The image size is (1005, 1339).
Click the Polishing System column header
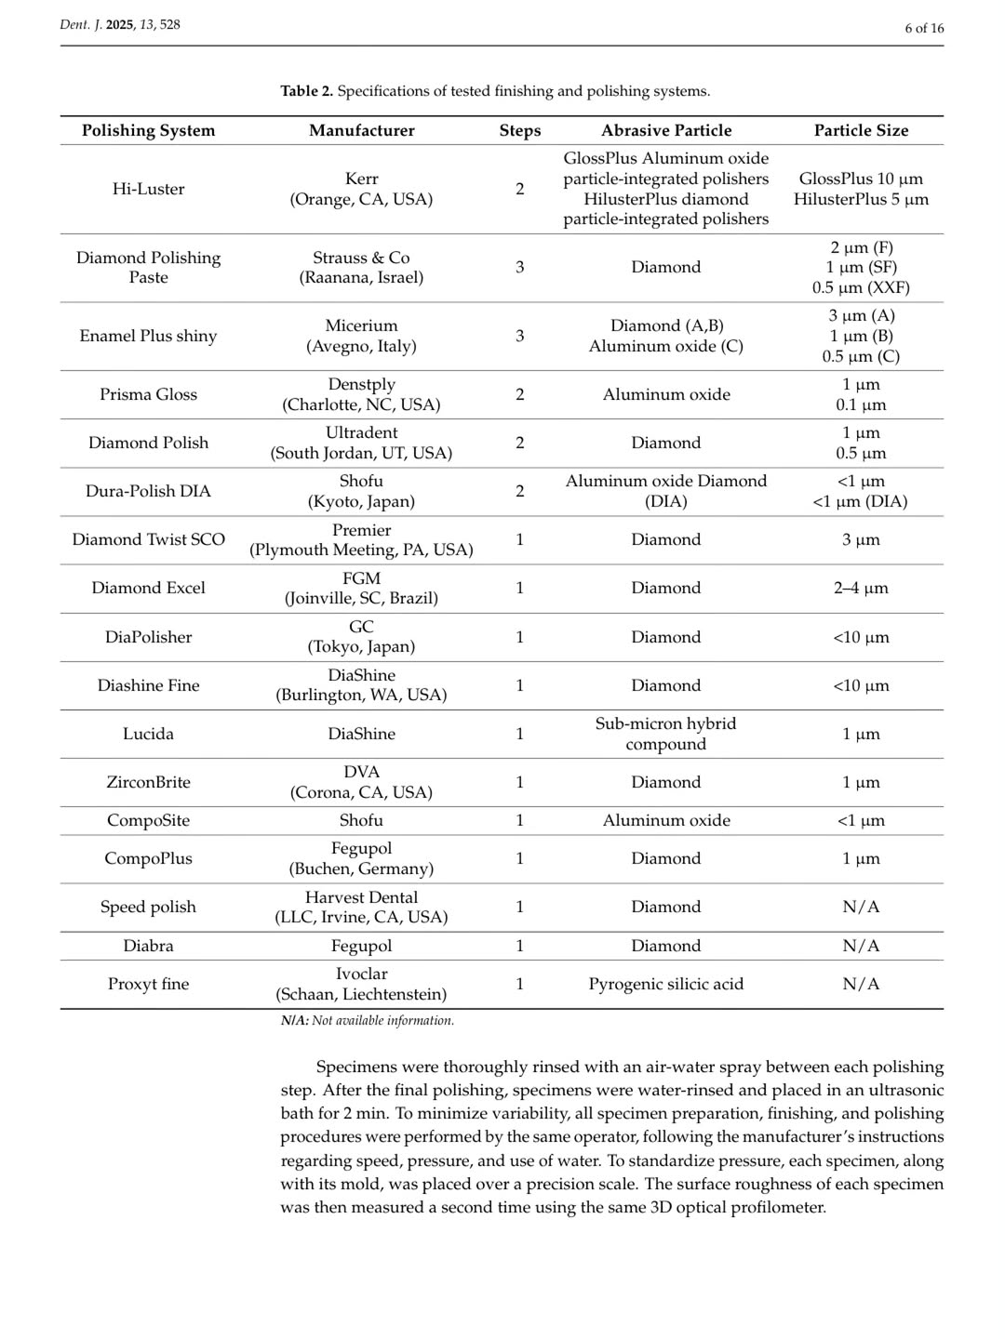[148, 130]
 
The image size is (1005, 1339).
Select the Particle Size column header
[861, 130]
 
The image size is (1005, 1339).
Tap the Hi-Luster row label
[148, 189]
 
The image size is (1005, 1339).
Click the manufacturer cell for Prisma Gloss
[361, 394]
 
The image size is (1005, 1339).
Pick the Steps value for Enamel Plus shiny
[519, 336]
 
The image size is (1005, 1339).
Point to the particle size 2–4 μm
[861, 588]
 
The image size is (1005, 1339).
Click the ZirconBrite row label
[148, 782]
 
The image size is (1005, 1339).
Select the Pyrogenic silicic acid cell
[665, 984]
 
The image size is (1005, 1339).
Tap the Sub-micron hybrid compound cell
[665, 734]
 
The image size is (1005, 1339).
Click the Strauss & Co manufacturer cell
[361, 267]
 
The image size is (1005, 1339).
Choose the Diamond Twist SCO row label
[148, 539]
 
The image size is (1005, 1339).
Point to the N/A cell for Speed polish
[861, 907]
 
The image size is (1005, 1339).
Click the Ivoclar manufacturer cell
[361, 984]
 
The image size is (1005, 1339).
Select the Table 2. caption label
[307, 91]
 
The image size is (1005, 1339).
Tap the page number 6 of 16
[924, 28]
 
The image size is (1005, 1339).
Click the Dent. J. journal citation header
[120, 25]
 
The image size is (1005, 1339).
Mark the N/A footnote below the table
[368, 1020]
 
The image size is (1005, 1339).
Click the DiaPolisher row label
[148, 637]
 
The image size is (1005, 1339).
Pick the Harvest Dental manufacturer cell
[361, 907]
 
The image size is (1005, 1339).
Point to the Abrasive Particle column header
[665, 130]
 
